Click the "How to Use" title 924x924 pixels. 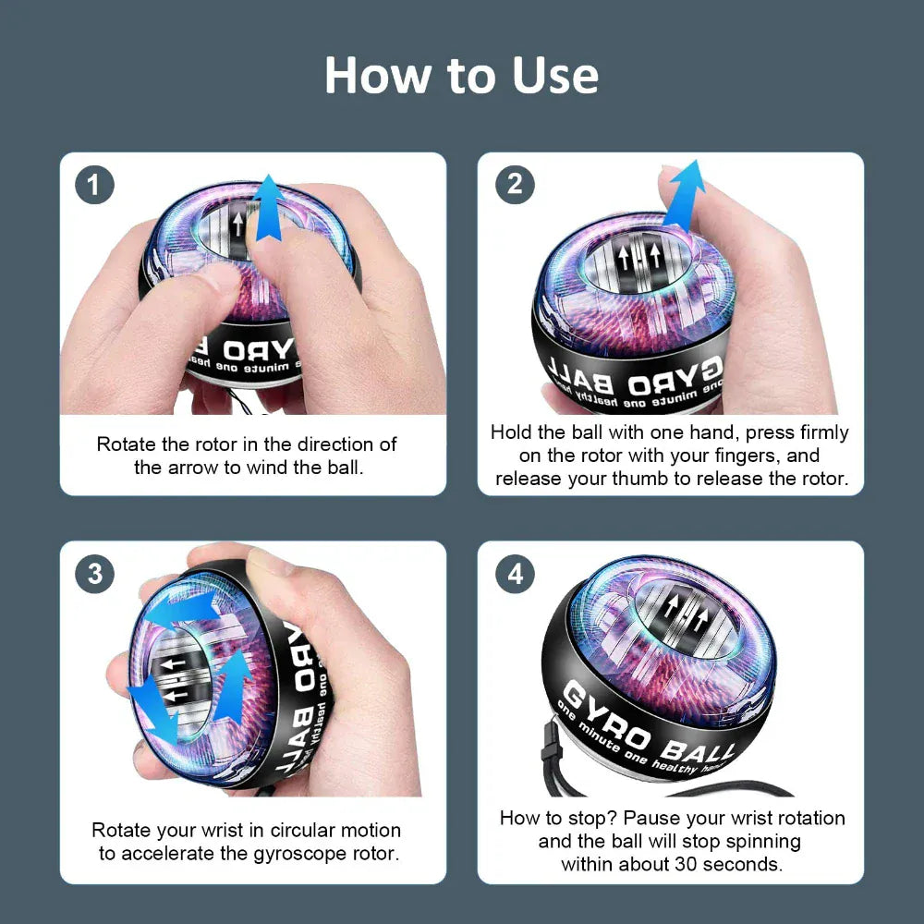(x=461, y=76)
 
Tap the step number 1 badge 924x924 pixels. (x=94, y=186)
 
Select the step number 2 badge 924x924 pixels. (x=515, y=186)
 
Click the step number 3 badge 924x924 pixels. (x=94, y=574)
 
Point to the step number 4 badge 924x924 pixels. (x=515, y=574)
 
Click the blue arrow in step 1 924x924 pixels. (x=268, y=208)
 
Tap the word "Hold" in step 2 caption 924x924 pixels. (x=511, y=432)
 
